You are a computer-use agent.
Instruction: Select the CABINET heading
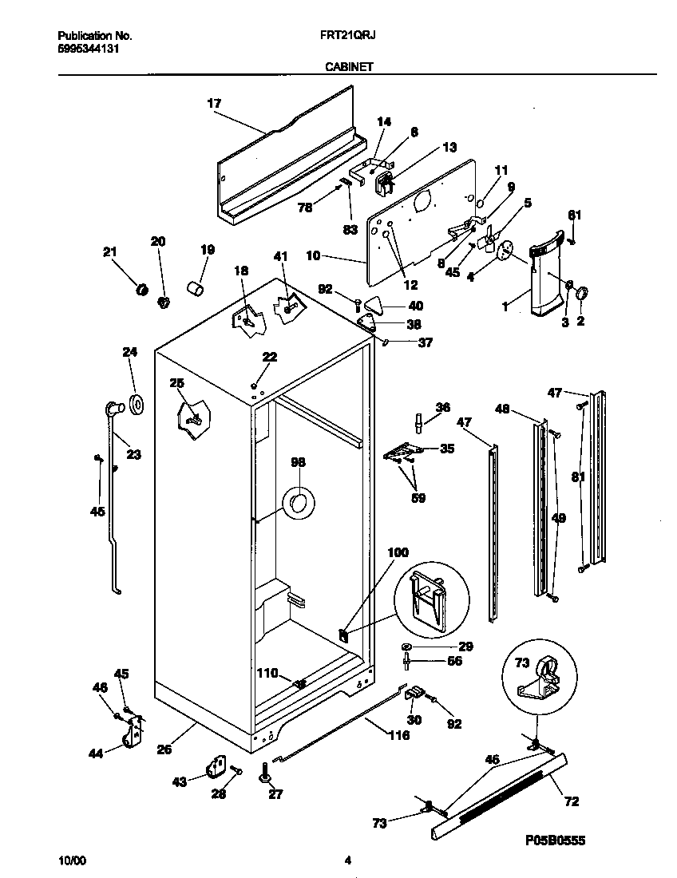click(x=348, y=68)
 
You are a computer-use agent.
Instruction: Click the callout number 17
click(x=214, y=104)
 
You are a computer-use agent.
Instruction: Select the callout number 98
click(x=299, y=462)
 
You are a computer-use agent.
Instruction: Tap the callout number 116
click(x=398, y=735)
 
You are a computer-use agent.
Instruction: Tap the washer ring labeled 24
click(x=134, y=405)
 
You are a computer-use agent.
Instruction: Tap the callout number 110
click(x=267, y=674)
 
